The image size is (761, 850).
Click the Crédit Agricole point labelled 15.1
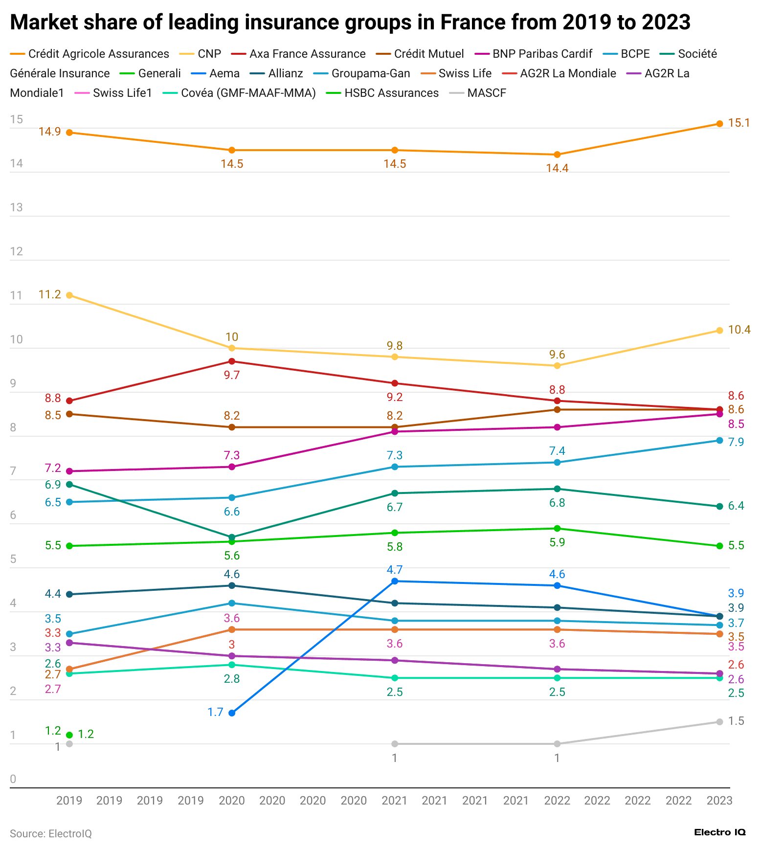(719, 124)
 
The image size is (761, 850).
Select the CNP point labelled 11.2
(69, 295)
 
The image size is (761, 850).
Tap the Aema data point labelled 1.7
(232, 713)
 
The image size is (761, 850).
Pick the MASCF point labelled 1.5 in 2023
(719, 722)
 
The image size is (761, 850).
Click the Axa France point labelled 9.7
(232, 361)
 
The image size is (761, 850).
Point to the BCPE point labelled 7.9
(719, 440)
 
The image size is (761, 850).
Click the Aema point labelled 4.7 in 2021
(394, 581)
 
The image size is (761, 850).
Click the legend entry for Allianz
(285, 73)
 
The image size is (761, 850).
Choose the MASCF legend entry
(486, 93)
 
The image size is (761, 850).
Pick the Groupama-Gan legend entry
(370, 73)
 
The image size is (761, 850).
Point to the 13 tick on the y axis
(17, 207)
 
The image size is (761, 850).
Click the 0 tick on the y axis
(13, 779)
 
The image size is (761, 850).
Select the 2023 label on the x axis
(719, 801)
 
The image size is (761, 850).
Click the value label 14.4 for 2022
(557, 168)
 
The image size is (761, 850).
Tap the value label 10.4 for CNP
(739, 330)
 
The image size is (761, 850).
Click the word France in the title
(469, 22)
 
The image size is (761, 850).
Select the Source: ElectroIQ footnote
(51, 833)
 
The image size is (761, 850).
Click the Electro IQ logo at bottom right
(719, 832)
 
